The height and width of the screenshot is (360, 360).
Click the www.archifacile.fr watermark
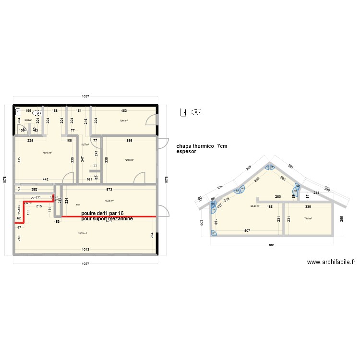(x=331, y=262)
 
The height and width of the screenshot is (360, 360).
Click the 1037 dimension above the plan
(x=85, y=96)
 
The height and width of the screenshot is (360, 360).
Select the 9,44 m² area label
(x=124, y=120)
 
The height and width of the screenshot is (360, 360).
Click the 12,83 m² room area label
(x=129, y=160)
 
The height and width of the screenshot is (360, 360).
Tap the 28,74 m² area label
(x=83, y=233)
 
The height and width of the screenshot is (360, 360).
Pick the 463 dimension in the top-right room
(x=123, y=110)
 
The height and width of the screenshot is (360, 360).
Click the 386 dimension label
(x=129, y=141)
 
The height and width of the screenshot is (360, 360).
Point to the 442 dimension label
(x=45, y=180)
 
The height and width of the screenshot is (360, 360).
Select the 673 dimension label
(x=109, y=190)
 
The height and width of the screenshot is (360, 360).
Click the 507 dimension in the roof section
(x=247, y=230)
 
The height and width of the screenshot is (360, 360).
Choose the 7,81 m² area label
(x=308, y=218)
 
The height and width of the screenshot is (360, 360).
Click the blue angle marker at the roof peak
(x=269, y=167)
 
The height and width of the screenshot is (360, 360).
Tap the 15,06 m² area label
(x=109, y=201)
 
